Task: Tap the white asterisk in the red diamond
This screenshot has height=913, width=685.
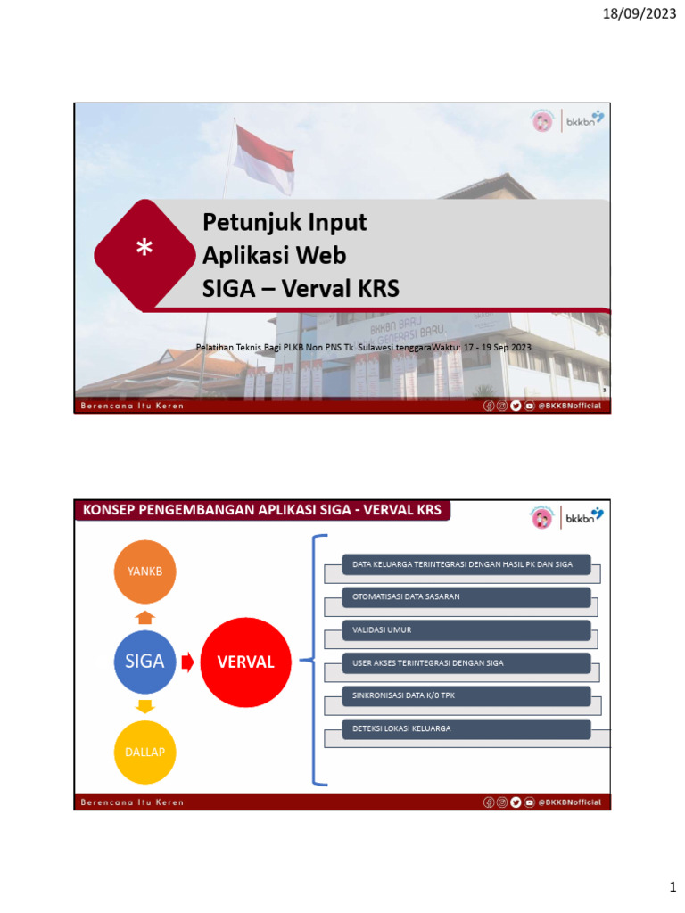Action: [x=144, y=252]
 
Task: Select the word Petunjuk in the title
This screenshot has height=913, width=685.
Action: [x=245, y=222]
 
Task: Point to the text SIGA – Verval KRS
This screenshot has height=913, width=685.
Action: [x=301, y=288]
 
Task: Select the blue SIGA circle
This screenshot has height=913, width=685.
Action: [x=144, y=662]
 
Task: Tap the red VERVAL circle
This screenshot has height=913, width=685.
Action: [x=245, y=662]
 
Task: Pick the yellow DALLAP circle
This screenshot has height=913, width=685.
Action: [x=144, y=752]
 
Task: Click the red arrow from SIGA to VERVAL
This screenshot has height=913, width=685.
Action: [x=188, y=662]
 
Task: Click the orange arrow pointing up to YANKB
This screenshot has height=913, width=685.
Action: [x=145, y=616]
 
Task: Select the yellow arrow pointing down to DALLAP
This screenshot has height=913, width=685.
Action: [x=145, y=707]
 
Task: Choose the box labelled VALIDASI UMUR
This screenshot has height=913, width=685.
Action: [x=466, y=630]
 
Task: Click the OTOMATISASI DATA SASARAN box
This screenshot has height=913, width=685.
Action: [x=466, y=596]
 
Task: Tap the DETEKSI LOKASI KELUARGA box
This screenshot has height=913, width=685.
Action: [x=466, y=728]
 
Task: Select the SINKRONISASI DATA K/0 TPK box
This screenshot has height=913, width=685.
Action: [x=466, y=695]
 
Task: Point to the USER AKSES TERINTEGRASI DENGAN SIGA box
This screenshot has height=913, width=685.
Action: [x=466, y=662]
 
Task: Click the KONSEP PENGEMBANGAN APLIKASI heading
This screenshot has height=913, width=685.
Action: [x=262, y=510]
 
